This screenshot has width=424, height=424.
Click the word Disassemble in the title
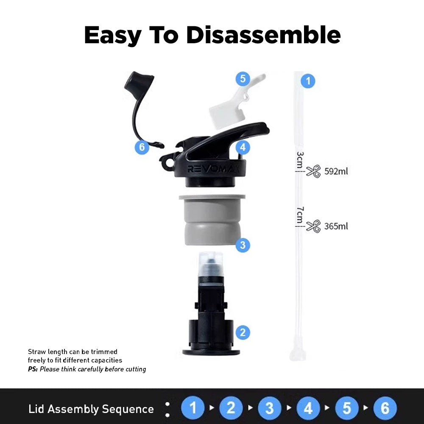[263, 35]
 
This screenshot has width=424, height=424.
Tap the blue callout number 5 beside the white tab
[243, 79]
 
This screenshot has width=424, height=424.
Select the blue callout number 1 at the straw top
[308, 81]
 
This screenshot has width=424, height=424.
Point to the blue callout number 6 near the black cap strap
[142, 147]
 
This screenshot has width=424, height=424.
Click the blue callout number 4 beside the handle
[243, 148]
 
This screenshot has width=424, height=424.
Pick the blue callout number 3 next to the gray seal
[243, 245]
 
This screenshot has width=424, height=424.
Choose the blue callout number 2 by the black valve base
[243, 332]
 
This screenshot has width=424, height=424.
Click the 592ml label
[336, 171]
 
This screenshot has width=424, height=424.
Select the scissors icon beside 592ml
[313, 171]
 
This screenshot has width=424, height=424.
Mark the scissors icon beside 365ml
[313, 226]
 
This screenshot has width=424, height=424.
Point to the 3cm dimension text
[300, 160]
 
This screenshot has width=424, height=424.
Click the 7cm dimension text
[300, 215]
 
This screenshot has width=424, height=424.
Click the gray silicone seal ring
[212, 220]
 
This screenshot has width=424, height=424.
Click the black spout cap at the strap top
[139, 83]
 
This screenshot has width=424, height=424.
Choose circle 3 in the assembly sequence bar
[270, 408]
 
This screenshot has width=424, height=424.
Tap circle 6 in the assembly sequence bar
[385, 408]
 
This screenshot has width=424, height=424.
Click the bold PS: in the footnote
[33, 369]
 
